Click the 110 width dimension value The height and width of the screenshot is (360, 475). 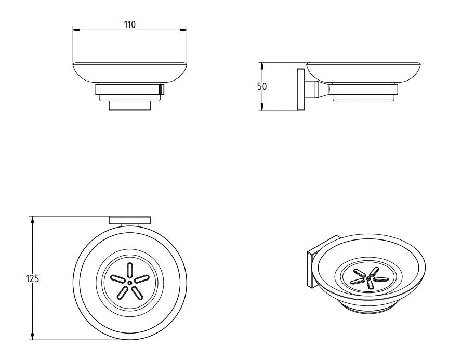pos(129,24)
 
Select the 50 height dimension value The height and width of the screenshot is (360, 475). pos(261,87)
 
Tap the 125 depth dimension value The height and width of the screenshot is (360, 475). pos(32,278)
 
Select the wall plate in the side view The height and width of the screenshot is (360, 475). pos(300,89)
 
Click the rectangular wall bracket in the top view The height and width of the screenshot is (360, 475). pos(129,220)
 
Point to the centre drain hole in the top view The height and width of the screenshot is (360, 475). pos(129,282)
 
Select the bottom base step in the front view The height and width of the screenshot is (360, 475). pos(129,106)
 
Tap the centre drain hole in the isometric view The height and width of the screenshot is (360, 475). pos(368,279)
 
